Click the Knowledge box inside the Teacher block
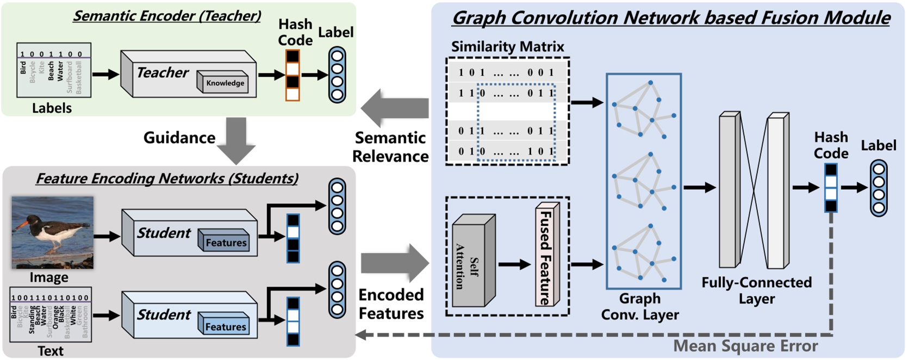coord(225,83)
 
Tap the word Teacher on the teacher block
coord(162,72)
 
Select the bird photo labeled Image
coord(53,233)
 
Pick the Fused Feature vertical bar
coord(545,256)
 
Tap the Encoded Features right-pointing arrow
coord(394,263)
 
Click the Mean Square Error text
coord(745,346)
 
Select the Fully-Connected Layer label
coord(756,290)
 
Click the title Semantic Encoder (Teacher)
coord(167,16)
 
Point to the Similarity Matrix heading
coord(507,47)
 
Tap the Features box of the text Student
coord(225,327)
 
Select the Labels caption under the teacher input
coord(52,108)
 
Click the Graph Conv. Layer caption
coord(639,307)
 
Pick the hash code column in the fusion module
coord(831,188)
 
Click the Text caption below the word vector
coord(51,351)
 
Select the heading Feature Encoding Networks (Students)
coord(167,178)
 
